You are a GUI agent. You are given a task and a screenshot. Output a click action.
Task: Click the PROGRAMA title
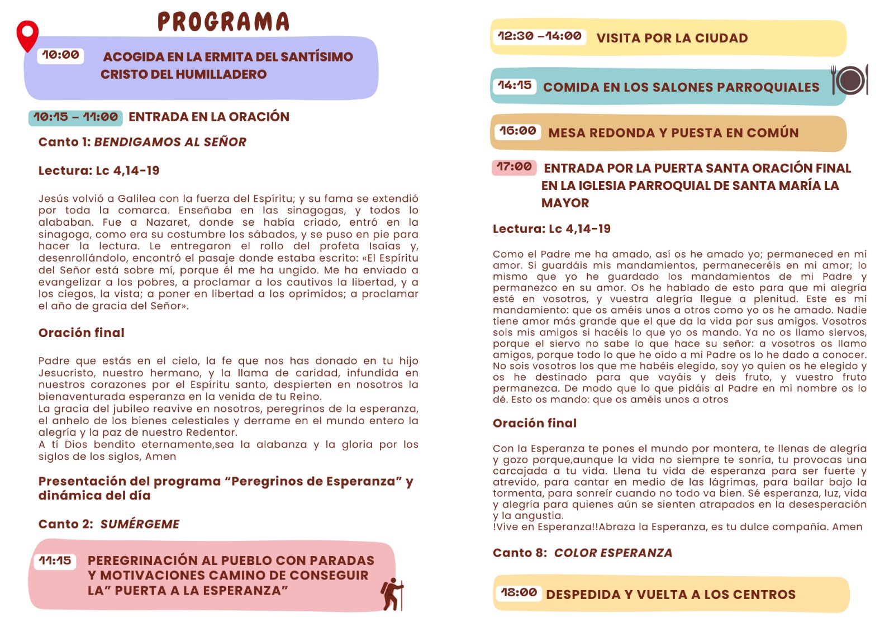(223, 22)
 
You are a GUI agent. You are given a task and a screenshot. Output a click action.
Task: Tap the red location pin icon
(27, 35)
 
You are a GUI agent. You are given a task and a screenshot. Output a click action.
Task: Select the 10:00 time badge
(60, 55)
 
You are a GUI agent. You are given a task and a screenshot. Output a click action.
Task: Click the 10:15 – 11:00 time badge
(75, 117)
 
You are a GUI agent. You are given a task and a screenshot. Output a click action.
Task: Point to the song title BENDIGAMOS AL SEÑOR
(170, 142)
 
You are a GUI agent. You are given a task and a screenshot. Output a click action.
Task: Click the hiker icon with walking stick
(393, 594)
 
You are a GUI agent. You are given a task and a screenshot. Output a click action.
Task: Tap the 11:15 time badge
(55, 560)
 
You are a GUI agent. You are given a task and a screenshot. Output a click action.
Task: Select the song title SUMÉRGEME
(140, 524)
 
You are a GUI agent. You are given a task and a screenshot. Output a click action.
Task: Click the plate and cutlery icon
(850, 80)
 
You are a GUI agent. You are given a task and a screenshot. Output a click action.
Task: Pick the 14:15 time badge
(515, 85)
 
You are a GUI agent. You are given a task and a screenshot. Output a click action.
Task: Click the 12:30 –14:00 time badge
(539, 36)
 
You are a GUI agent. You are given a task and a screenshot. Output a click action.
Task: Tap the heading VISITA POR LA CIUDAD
(672, 38)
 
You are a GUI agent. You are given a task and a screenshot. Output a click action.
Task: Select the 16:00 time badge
(517, 131)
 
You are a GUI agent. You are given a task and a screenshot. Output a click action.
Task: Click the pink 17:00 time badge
(514, 167)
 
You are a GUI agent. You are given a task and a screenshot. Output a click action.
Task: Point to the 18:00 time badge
(519, 592)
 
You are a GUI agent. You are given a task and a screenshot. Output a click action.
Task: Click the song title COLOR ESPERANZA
(613, 553)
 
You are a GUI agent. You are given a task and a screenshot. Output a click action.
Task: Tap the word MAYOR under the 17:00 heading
(565, 203)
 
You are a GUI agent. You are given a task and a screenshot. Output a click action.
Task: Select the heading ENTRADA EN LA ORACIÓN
(209, 117)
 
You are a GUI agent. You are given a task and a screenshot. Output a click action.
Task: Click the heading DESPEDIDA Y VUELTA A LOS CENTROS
(670, 595)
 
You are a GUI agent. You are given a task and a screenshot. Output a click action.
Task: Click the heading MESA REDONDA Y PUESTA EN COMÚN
(673, 133)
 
